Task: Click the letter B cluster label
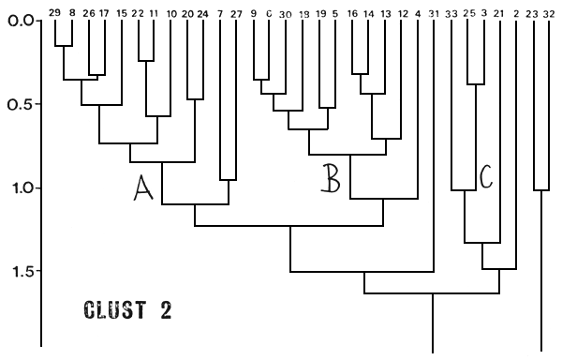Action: (330, 177)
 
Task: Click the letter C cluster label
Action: (485, 174)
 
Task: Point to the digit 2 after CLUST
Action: (166, 309)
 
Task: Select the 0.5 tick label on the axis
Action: (20, 104)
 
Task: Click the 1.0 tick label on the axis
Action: (20, 187)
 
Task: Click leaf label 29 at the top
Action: (55, 13)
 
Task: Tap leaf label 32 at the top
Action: (548, 13)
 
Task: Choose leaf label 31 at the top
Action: (433, 13)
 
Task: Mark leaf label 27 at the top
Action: (235, 13)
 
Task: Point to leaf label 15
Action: (122, 13)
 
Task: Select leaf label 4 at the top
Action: (417, 13)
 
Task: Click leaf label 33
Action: (452, 13)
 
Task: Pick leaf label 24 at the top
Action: (203, 13)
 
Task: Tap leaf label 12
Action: (402, 13)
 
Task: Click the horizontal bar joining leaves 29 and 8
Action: (64, 46)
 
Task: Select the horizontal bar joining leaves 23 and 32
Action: (541, 190)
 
